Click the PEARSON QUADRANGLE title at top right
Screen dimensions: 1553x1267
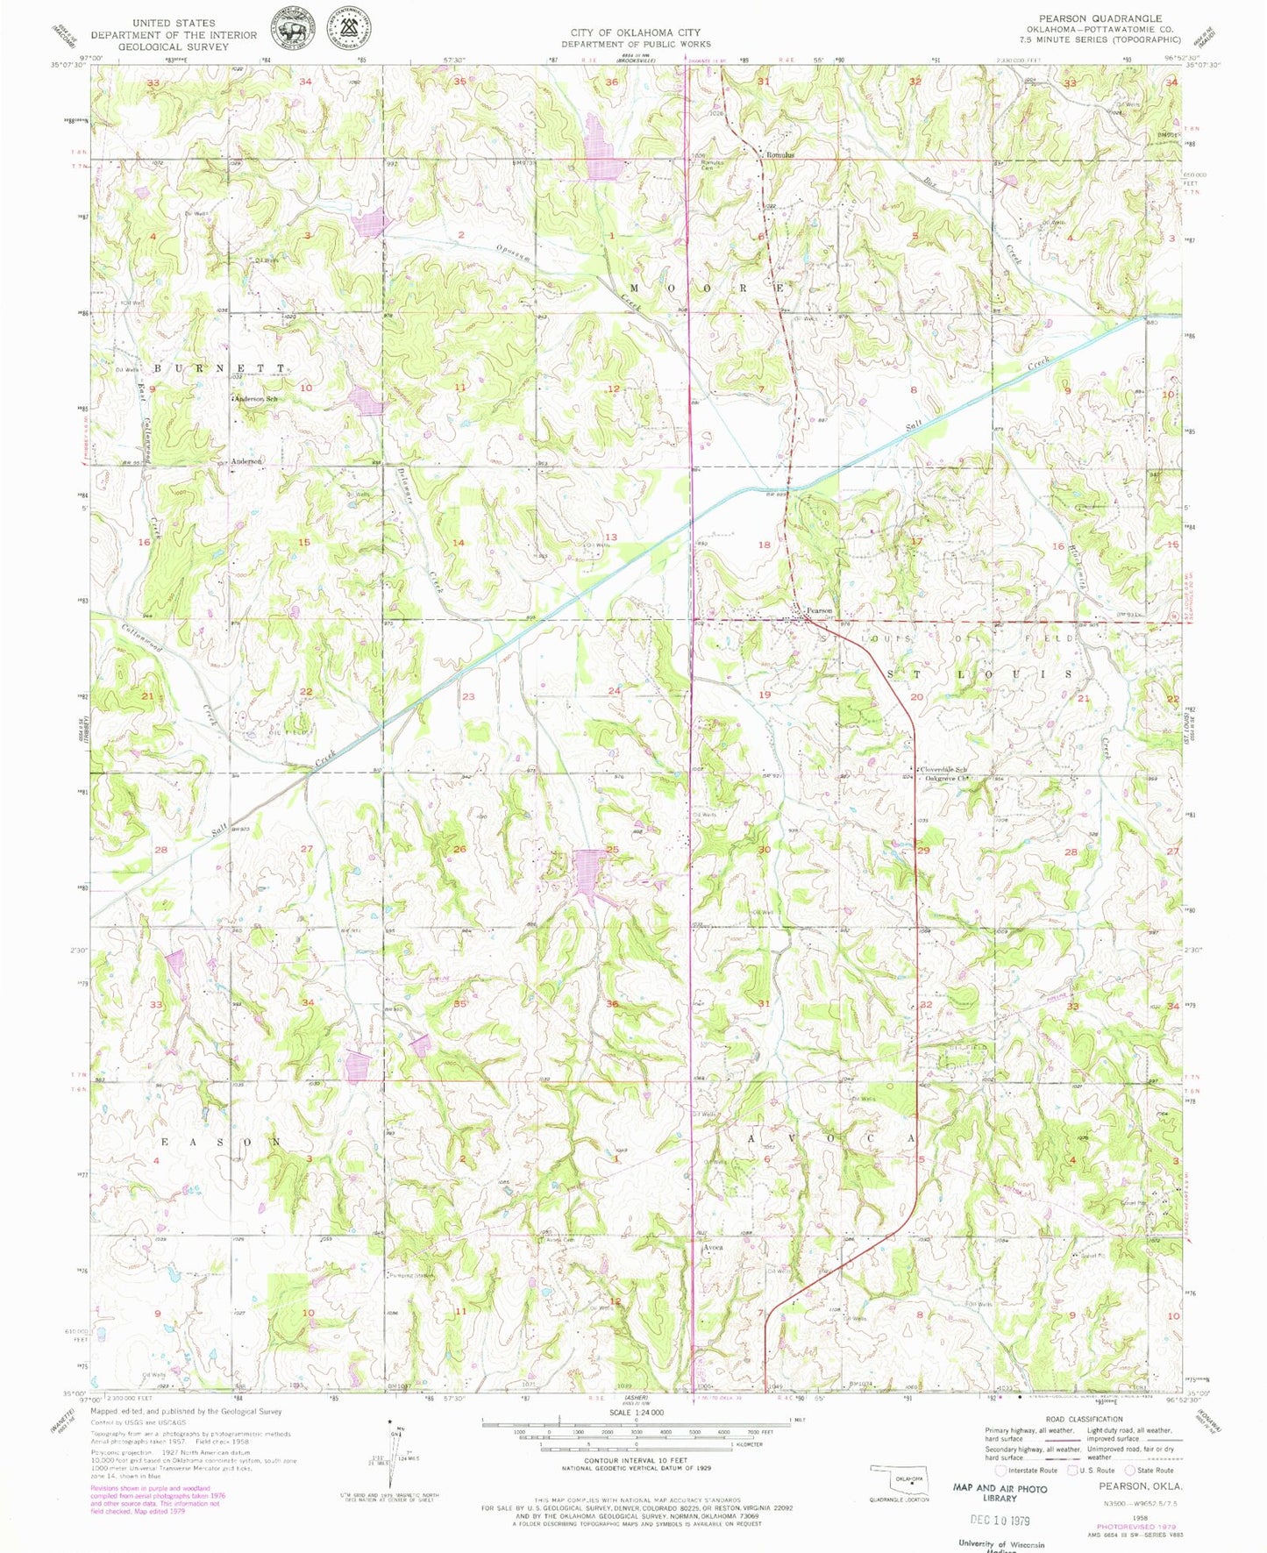tap(1100, 18)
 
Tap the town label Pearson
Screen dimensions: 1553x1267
tap(819, 610)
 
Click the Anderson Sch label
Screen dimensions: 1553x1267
tap(256, 399)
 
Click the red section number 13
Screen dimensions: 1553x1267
tap(610, 537)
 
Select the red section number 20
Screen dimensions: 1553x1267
tap(917, 696)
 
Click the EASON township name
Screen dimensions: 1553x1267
tap(219, 1143)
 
